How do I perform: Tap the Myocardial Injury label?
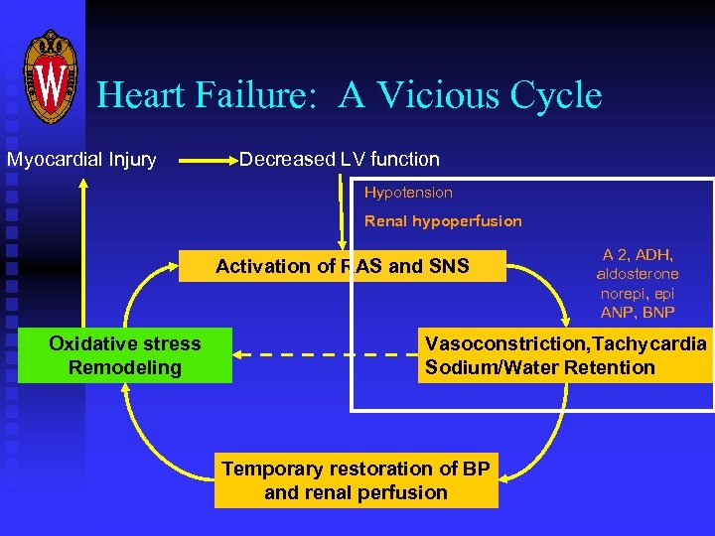[81, 160]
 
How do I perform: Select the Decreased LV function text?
[340, 159]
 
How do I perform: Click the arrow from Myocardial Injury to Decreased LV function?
[204, 159]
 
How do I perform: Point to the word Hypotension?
[408, 193]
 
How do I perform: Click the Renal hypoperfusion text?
[443, 221]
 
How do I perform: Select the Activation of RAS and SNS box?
[343, 266]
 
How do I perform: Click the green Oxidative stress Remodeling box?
[125, 355]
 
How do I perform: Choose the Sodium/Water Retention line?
[540, 368]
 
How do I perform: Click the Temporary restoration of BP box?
[356, 480]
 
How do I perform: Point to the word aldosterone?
[638, 274]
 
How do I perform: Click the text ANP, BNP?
[638, 313]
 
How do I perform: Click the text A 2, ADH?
[638, 254]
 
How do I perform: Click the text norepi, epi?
[638, 294]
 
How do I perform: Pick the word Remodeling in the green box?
[125, 368]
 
